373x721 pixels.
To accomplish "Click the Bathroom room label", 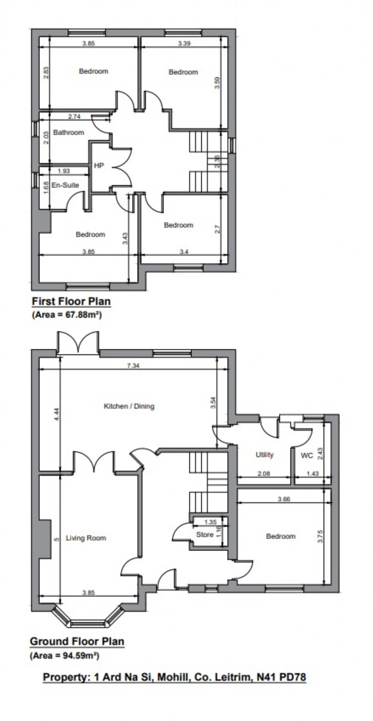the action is (68, 133).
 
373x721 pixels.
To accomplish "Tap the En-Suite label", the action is (65, 185).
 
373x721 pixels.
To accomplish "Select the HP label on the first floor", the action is (99, 166).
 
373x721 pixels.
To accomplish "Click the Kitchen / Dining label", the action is (129, 406).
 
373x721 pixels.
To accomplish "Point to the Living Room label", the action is (86, 538).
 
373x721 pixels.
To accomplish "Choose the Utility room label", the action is (265, 455).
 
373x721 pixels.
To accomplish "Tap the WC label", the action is (307, 455).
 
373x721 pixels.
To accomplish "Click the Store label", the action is (205, 535).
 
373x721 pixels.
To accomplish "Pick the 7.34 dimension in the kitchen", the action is (133, 365).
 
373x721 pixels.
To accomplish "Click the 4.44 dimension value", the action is (57, 414).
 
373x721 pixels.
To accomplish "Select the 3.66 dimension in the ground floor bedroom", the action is (284, 499).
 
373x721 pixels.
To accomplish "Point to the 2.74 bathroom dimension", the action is (74, 117).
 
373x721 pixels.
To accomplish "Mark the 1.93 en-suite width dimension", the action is (64, 171).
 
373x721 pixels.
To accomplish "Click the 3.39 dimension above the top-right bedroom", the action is (184, 43).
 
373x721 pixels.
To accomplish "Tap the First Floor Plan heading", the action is (71, 301).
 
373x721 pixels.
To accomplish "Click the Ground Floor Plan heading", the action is (77, 641).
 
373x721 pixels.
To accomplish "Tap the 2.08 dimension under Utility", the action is (264, 474).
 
